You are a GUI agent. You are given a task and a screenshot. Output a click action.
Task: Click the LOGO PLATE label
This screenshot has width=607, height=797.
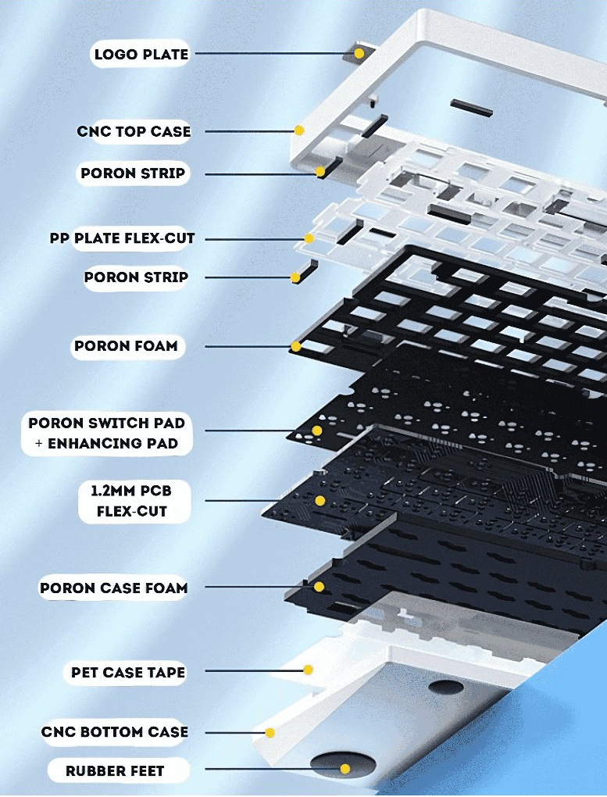click(141, 54)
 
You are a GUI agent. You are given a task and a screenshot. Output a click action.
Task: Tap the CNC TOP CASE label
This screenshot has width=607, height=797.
click(134, 131)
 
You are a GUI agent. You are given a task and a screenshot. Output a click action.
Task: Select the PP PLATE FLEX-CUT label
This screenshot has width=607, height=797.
click(122, 238)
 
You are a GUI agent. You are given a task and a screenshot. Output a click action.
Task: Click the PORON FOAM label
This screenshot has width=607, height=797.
click(126, 345)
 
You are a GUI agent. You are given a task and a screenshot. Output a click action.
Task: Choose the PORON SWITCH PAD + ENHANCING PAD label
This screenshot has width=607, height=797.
click(107, 433)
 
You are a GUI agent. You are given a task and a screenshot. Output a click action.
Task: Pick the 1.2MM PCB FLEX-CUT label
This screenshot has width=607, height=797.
click(132, 501)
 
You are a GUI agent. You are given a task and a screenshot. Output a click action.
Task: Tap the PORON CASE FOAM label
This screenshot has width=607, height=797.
click(114, 588)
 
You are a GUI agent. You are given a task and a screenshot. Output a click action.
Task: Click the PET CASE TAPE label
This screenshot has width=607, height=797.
click(128, 673)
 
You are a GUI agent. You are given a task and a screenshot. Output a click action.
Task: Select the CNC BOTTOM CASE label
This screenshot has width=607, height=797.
click(115, 732)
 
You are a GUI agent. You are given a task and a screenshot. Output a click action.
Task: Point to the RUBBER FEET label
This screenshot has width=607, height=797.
click(115, 770)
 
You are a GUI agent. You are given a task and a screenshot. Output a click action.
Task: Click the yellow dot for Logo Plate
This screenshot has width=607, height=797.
click(359, 53)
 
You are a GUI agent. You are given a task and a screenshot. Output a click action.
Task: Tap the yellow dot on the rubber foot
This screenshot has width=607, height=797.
click(345, 769)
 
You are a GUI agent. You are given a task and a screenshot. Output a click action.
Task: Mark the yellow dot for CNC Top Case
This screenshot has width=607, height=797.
click(299, 130)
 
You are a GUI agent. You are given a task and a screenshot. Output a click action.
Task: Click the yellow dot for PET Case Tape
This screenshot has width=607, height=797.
click(308, 670)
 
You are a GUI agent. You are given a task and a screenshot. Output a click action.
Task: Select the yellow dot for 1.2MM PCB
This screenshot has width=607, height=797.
click(320, 501)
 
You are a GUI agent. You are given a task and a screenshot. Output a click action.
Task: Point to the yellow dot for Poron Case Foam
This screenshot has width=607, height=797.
click(319, 587)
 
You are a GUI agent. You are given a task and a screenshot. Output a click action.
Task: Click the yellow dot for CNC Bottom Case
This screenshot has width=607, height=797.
click(270, 732)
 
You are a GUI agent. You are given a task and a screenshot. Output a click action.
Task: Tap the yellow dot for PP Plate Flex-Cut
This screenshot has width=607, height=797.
click(309, 238)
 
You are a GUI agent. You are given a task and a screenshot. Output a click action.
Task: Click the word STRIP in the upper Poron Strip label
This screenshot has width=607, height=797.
click(162, 173)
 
